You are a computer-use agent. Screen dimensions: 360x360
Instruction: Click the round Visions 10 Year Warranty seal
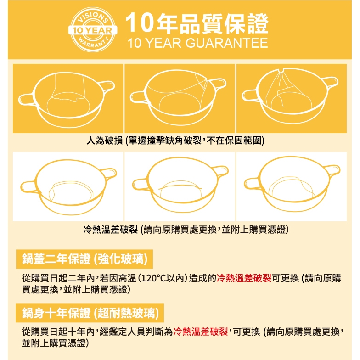93,29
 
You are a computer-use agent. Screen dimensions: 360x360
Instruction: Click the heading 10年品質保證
197,23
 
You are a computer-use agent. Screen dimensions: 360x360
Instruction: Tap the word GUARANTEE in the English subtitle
227,43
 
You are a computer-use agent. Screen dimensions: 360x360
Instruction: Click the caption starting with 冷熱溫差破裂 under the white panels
186,230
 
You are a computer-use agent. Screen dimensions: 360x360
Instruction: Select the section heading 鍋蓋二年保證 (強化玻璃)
84,259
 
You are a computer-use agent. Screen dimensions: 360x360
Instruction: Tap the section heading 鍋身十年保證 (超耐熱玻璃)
90,313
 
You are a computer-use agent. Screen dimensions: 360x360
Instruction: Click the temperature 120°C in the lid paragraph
153,278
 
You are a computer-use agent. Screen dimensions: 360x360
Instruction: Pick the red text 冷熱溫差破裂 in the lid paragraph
244,278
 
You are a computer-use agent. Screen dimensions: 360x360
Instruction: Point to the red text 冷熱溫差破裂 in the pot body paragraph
200,332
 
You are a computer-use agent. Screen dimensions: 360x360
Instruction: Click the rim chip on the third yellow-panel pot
282,70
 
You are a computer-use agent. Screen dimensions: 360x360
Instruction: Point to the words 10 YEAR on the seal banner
93,30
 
